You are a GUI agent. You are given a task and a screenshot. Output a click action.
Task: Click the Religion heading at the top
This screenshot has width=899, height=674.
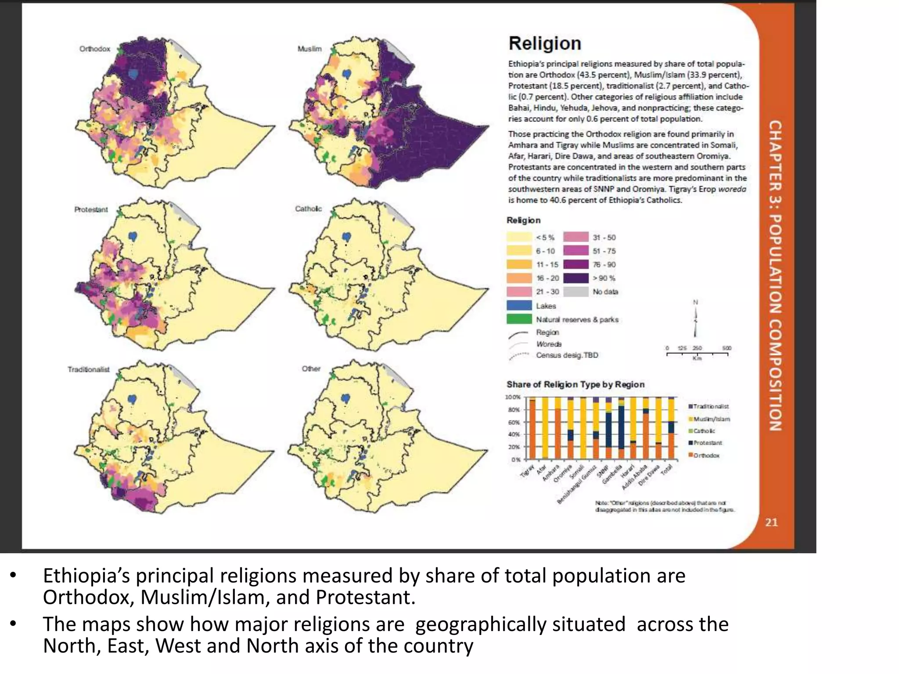tap(545, 43)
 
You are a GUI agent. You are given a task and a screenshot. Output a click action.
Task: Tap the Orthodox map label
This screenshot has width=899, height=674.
tap(95, 49)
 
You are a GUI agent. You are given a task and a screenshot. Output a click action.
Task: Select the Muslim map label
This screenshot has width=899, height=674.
tap(309, 49)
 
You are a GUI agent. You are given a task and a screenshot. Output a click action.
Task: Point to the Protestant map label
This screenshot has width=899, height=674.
tap(91, 210)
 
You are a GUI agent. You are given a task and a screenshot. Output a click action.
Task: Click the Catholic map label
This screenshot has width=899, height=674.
tap(308, 209)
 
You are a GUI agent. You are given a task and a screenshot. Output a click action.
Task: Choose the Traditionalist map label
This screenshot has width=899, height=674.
tap(88, 369)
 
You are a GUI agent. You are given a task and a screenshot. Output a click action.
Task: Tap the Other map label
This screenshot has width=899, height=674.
tap(311, 369)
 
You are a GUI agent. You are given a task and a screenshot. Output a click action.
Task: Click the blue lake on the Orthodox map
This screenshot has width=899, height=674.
tap(133, 75)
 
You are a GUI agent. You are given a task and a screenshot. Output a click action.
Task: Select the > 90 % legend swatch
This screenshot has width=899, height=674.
tap(575, 278)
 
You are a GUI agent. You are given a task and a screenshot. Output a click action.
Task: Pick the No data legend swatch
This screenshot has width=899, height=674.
tap(575, 292)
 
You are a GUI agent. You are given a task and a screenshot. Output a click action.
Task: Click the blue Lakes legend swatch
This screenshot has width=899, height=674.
tap(519, 306)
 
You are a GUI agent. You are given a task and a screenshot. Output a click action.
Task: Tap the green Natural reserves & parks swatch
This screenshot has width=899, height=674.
tap(519, 319)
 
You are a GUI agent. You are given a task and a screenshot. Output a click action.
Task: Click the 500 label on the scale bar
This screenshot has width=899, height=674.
tap(727, 348)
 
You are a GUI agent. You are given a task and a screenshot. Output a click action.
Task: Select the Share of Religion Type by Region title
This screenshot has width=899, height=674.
tap(575, 384)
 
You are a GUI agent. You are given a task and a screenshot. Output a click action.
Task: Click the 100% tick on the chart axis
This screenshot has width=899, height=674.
tap(513, 397)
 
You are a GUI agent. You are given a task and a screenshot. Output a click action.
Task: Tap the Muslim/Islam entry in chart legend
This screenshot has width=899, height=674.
tap(711, 419)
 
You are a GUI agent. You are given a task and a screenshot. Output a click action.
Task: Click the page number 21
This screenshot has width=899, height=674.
tap(771, 522)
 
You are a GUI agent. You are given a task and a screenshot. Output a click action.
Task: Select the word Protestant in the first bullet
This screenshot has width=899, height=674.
tap(365, 597)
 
